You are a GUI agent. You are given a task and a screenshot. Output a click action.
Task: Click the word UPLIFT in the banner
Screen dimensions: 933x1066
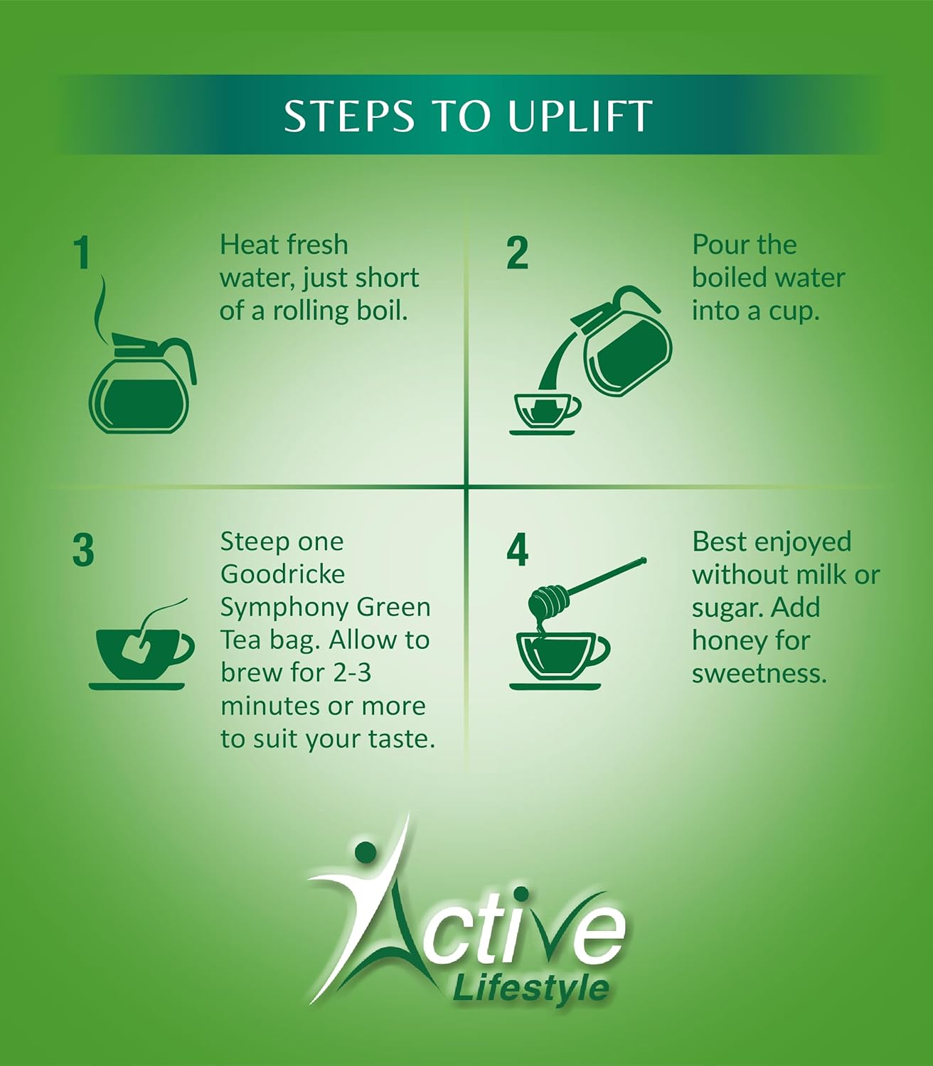pyautogui.click(x=579, y=115)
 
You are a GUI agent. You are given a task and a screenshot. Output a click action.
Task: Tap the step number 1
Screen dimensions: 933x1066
pyautogui.click(x=82, y=253)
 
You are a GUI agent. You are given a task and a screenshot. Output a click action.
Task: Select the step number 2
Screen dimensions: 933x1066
pyautogui.click(x=517, y=253)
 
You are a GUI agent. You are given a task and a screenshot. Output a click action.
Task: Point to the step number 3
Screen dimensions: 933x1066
pyautogui.click(x=83, y=549)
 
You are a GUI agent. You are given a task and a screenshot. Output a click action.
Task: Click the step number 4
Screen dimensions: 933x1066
pyautogui.click(x=517, y=549)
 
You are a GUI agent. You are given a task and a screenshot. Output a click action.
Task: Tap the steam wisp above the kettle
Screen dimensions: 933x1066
pyautogui.click(x=102, y=310)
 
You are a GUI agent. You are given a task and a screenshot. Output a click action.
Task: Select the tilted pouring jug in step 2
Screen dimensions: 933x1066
pyautogui.click(x=620, y=341)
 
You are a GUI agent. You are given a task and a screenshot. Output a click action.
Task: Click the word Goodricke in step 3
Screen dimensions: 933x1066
pyautogui.click(x=282, y=574)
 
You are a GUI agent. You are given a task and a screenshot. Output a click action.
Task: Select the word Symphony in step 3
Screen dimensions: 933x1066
pyautogui.click(x=285, y=608)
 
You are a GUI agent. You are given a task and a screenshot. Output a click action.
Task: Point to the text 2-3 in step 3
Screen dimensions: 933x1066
pyautogui.click(x=346, y=672)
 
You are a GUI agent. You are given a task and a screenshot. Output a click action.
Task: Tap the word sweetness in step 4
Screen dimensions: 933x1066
pyautogui.click(x=759, y=674)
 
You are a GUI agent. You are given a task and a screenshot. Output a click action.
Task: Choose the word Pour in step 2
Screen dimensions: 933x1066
pyautogui.click(x=719, y=245)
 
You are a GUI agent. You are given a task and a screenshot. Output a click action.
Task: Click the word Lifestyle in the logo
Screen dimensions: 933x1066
pyautogui.click(x=531, y=989)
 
